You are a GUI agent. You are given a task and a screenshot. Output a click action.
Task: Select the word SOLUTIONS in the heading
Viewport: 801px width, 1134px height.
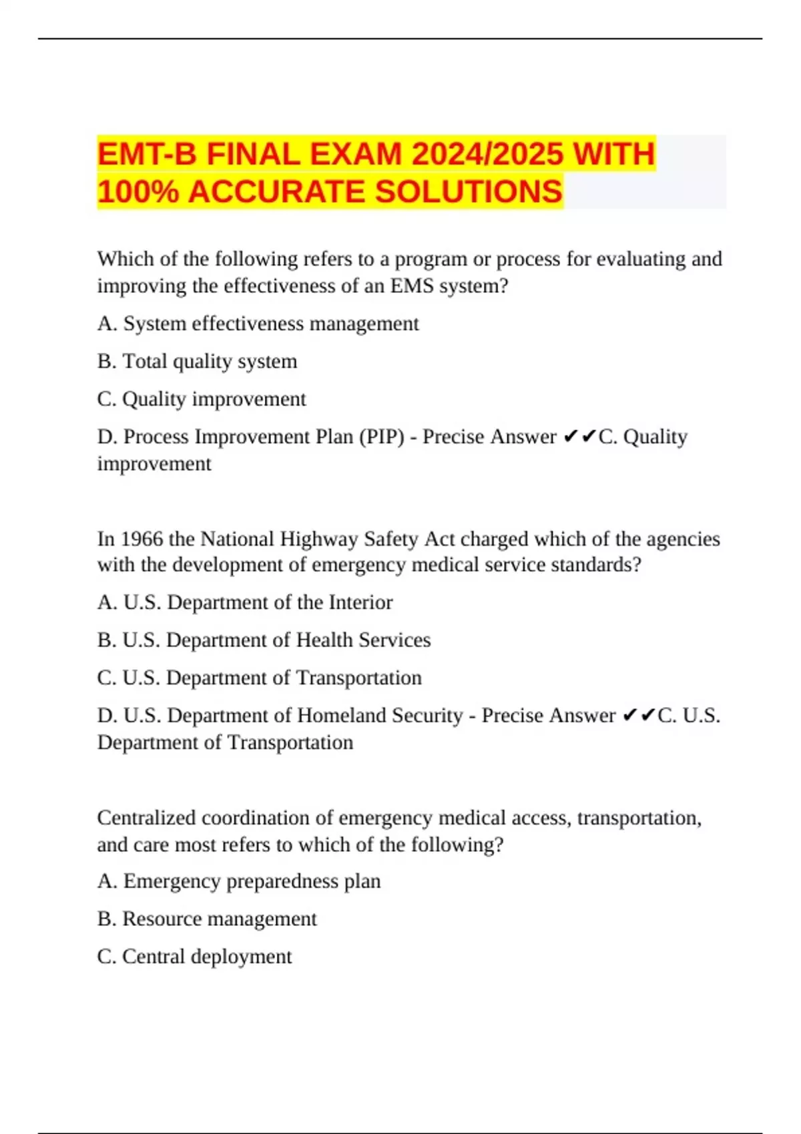[x=469, y=191]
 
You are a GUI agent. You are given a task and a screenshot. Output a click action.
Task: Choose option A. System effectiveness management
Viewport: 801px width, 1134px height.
[x=258, y=324]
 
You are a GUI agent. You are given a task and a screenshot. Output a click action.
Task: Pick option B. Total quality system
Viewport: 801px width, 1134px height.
[x=197, y=361]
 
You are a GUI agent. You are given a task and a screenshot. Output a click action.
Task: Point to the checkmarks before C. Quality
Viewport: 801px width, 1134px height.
[x=579, y=436]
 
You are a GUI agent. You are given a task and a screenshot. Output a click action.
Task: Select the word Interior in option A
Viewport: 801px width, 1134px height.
[x=360, y=602]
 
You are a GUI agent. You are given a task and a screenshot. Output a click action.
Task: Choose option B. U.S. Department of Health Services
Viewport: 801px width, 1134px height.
[x=264, y=640]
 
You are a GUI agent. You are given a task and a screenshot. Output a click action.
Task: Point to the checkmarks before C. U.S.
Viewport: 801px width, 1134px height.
[x=639, y=715]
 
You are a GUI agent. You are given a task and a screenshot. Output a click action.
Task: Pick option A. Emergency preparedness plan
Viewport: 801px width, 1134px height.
[x=239, y=881]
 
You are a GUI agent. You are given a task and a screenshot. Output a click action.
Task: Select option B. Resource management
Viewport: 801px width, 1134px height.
[x=207, y=919]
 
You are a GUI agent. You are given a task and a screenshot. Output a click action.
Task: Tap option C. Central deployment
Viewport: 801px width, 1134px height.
[x=194, y=956]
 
